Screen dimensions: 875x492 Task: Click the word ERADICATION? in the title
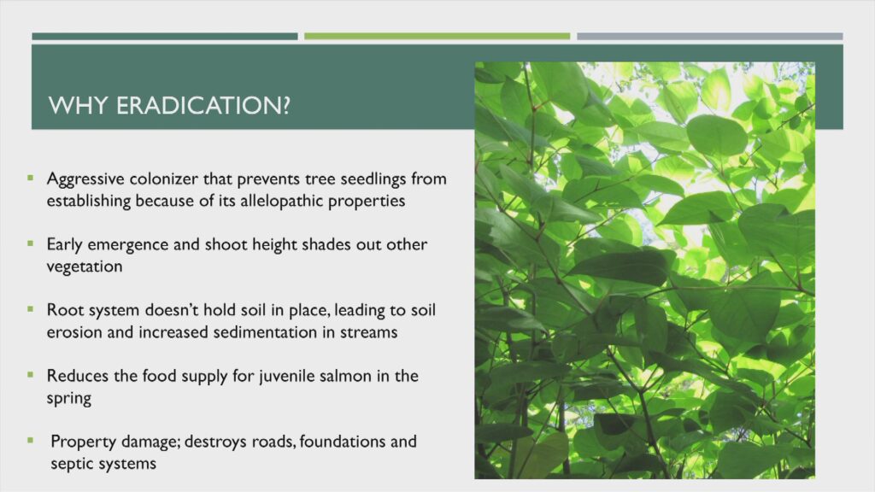pos(203,105)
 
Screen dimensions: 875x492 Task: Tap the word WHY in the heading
pos(78,105)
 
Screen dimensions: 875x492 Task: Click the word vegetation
pos(85,266)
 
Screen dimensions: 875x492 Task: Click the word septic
pos(70,464)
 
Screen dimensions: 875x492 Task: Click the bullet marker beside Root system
pos(30,309)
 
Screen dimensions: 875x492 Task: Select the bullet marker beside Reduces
pos(30,375)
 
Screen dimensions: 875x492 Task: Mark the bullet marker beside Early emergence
pos(30,243)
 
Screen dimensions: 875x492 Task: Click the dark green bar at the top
pos(165,36)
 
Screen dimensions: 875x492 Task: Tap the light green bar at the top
pos(437,36)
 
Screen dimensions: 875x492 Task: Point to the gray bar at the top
pos(710,36)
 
